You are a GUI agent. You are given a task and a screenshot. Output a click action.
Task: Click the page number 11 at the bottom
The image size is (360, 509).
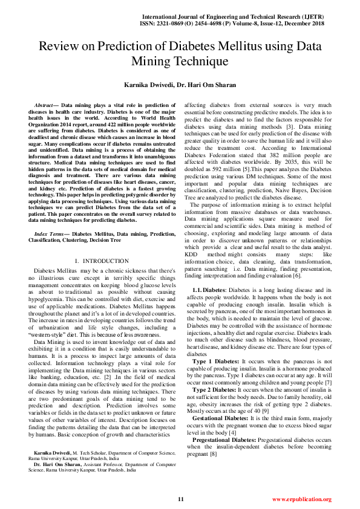coord(180,499)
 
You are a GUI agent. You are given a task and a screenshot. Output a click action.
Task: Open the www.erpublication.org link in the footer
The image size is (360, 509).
coord(301,499)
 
